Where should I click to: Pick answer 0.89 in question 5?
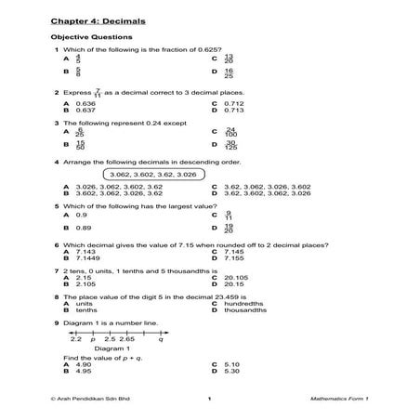(83, 228)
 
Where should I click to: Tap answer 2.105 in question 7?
(85, 283)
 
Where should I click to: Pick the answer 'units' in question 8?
(83, 304)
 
